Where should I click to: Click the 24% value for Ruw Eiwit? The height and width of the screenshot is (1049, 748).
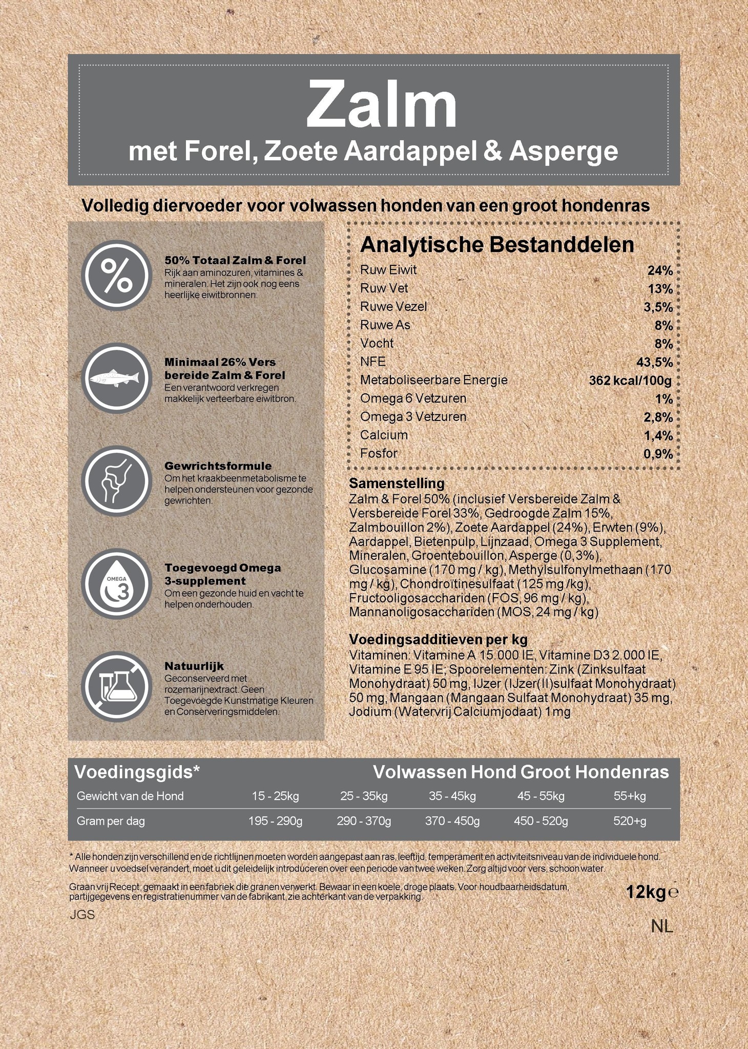(660, 270)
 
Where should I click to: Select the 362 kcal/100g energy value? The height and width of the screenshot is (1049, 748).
(630, 381)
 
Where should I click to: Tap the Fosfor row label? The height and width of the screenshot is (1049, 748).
(379, 453)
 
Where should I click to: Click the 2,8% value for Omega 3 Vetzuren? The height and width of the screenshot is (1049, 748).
(658, 417)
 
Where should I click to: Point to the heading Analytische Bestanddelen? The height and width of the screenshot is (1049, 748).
(497, 245)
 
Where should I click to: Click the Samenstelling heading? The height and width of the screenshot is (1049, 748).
(397, 483)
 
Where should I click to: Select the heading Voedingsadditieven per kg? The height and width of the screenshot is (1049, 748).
(438, 639)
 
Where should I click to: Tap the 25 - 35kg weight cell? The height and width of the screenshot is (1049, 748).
(364, 796)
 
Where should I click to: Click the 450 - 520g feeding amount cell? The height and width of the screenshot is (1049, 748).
(541, 821)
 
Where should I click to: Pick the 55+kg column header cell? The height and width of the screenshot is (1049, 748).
(630, 796)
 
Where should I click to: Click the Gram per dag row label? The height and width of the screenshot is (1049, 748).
(111, 821)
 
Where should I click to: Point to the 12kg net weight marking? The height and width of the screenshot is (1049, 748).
(646, 892)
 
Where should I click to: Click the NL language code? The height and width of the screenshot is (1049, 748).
(662, 926)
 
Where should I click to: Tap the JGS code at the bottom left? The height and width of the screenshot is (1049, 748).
(82, 915)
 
